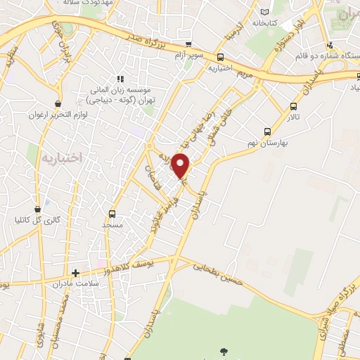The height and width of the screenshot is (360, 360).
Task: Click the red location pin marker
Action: pos(181,165)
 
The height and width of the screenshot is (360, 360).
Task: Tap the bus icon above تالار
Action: pos(293,107)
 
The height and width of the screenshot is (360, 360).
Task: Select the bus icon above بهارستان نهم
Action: pos(266,131)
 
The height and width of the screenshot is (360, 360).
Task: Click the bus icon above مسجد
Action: pos(112,213)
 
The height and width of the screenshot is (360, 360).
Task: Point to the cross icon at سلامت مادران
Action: pos(75,272)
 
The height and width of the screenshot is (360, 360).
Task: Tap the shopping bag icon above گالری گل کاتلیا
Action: pos(46,209)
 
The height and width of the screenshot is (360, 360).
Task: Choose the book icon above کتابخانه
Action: pos(265,12)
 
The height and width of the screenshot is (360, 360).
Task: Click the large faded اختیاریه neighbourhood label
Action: pos(62,158)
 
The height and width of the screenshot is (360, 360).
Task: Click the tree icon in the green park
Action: pos(224,350)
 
